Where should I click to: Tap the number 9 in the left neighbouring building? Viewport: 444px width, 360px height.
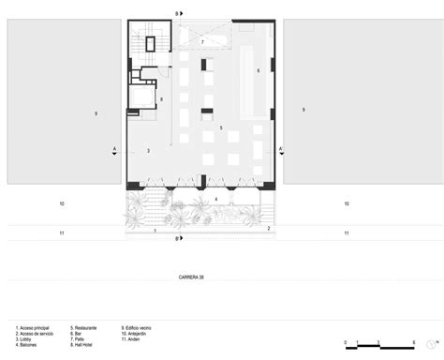pyautogui.click(x=96, y=112)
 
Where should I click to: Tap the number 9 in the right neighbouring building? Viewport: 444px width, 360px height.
pyautogui.click(x=303, y=111)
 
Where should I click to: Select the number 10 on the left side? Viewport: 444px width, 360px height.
pyautogui.click(x=61, y=203)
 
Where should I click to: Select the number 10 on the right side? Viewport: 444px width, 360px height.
pyautogui.click(x=346, y=203)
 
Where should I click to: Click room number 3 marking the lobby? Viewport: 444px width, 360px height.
pyautogui.click(x=148, y=151)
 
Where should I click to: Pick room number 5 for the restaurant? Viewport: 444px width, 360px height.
pyautogui.click(x=221, y=127)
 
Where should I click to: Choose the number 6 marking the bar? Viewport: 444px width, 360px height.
pyautogui.click(x=258, y=71)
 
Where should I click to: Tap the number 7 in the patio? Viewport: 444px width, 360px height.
pyautogui.click(x=201, y=43)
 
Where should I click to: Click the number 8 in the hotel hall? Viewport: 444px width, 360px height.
pyautogui.click(x=161, y=99)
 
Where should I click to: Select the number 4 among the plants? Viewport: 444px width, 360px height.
pyautogui.click(x=215, y=200)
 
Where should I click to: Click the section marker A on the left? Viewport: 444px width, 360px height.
pyautogui.click(x=112, y=149)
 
